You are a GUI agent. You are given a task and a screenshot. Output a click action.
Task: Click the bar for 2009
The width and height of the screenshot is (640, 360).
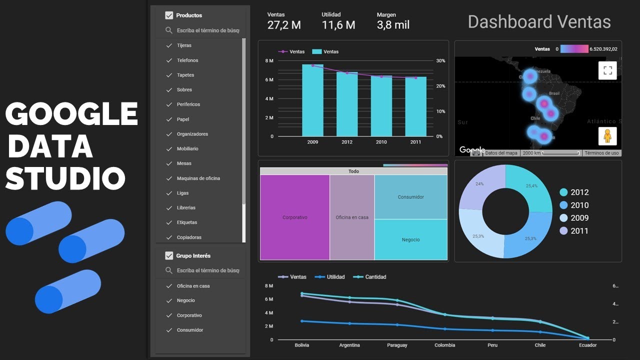(x=312, y=100)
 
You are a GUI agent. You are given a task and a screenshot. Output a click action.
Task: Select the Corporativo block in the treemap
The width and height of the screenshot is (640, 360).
(x=295, y=217)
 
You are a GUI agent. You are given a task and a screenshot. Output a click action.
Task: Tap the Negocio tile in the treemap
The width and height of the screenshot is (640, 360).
(x=410, y=239)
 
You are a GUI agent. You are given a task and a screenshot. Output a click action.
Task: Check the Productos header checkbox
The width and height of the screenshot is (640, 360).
(x=169, y=15)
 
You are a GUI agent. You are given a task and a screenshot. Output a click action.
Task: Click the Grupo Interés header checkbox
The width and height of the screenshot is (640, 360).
(x=169, y=255)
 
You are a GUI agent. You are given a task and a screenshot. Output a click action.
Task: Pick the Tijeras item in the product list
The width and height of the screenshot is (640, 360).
(x=184, y=45)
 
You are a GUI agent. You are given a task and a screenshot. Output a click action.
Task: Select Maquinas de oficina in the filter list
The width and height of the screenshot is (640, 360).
(x=198, y=178)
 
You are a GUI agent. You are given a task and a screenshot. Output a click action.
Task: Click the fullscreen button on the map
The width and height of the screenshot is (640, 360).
(x=607, y=70)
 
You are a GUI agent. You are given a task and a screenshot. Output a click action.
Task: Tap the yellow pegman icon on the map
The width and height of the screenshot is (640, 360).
(x=607, y=136)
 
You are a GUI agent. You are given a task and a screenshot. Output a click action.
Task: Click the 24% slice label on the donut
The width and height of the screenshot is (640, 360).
(x=479, y=184)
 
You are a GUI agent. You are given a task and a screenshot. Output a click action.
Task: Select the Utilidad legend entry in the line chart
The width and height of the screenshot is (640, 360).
(x=335, y=277)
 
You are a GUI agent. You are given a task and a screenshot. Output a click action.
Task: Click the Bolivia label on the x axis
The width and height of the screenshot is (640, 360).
(x=301, y=345)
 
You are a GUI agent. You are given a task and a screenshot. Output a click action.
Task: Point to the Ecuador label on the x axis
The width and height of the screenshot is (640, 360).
(x=587, y=345)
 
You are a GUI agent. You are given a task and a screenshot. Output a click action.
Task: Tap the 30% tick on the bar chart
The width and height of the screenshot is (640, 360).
(x=440, y=60)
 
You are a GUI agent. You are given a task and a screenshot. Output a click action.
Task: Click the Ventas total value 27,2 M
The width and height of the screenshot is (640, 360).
(x=284, y=25)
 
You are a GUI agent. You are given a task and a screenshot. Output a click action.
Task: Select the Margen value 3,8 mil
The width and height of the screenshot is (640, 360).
(x=393, y=25)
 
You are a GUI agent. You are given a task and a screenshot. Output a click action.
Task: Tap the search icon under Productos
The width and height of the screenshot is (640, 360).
(x=169, y=30)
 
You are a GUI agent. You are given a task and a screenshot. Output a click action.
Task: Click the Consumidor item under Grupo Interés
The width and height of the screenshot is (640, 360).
(x=189, y=330)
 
